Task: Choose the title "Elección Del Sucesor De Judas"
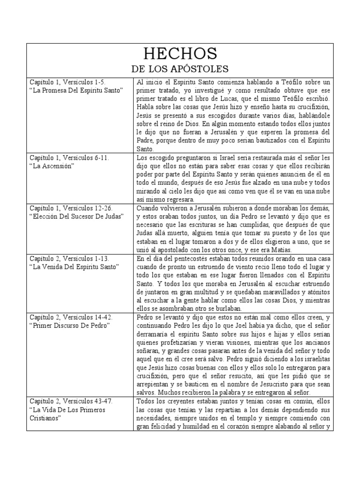[x=76, y=216]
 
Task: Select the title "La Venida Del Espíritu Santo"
[x=74, y=267]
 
